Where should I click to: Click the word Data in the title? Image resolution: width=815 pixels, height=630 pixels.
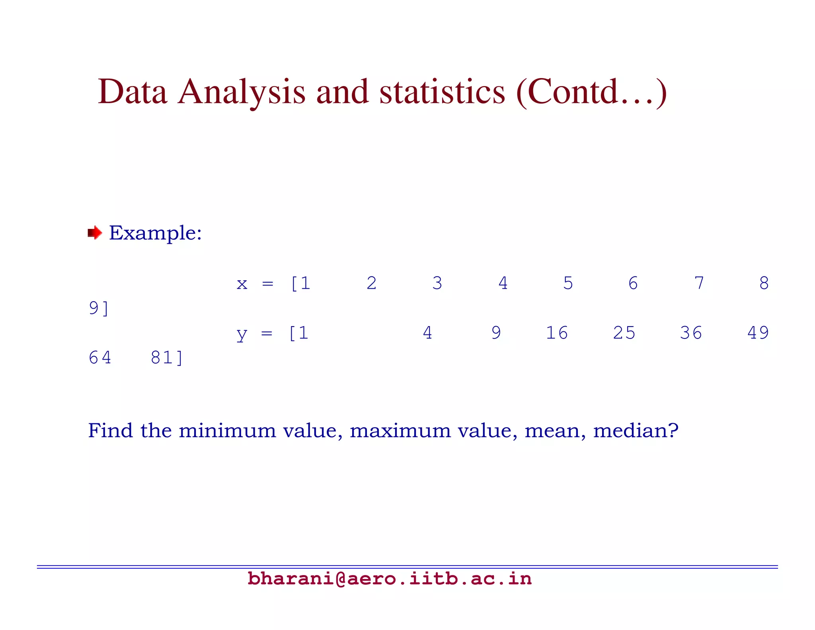132,92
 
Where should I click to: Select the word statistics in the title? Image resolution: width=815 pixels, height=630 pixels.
442,92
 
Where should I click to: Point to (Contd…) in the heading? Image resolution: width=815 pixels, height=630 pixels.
591,92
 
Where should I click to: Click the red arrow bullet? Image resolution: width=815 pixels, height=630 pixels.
95,233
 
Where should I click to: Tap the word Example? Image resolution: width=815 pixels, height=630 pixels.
156,233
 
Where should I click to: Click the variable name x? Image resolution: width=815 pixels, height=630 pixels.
242,284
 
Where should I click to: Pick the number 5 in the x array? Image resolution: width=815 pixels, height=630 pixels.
568,284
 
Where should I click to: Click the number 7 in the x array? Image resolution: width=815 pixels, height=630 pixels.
699,284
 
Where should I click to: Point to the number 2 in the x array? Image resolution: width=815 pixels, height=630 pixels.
371,284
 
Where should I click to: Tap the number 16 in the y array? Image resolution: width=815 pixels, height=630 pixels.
556,333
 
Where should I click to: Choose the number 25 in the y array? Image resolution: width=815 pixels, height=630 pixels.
624,333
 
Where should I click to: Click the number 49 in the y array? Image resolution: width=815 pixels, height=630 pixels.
758,333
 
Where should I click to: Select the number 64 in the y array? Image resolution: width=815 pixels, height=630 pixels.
100,358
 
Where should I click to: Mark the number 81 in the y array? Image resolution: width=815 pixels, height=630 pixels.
162,358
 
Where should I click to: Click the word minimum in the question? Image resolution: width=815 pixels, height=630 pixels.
227,430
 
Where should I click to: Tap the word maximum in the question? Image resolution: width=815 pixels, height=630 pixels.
400,430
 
